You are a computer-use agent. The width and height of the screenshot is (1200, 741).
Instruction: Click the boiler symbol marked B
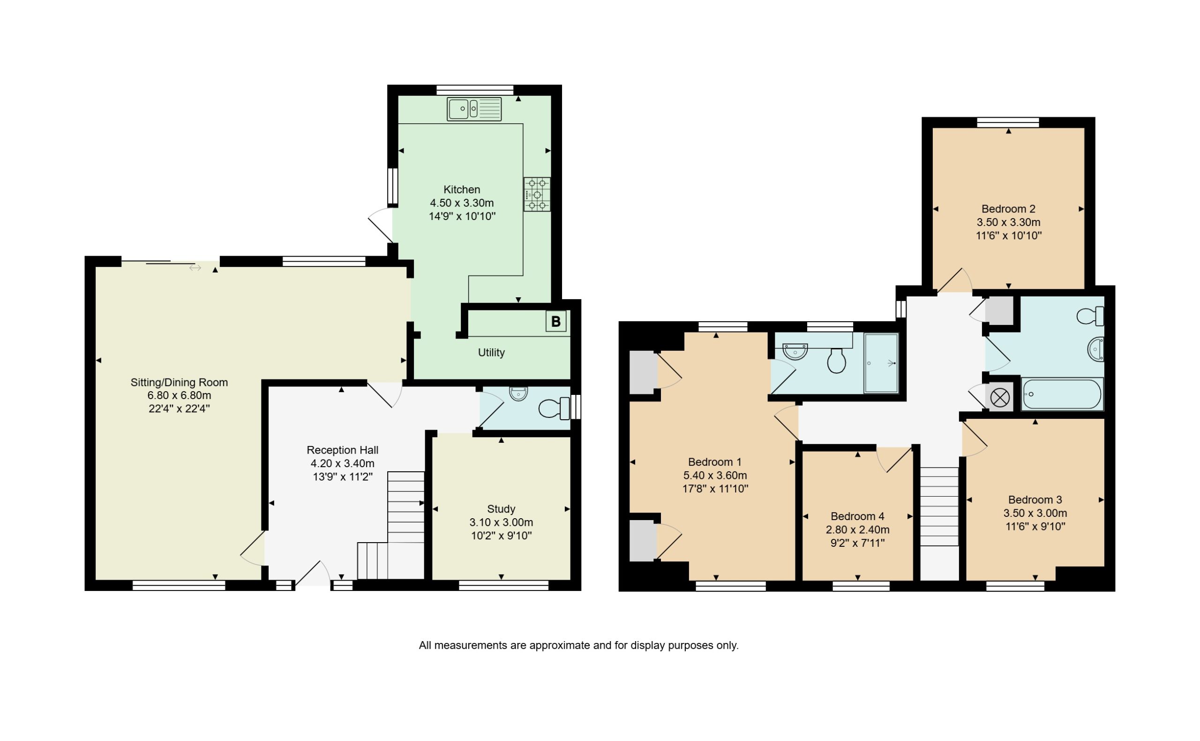click(x=555, y=322)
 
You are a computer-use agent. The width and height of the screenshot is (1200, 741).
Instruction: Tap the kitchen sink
click(x=473, y=109)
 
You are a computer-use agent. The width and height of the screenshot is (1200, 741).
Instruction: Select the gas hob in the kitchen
click(x=536, y=195)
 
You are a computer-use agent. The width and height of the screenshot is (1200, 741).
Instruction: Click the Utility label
click(x=491, y=352)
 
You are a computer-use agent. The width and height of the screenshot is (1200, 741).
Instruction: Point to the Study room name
click(x=501, y=509)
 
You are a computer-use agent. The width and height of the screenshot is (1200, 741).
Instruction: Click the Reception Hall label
click(x=342, y=450)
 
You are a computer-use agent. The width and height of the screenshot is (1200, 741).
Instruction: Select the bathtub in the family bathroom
click(x=1061, y=394)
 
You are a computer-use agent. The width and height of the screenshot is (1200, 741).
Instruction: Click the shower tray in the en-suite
click(x=881, y=363)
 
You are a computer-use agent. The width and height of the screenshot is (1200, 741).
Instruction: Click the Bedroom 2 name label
click(x=1008, y=209)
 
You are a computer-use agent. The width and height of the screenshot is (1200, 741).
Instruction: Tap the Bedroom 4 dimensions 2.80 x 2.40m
click(x=857, y=530)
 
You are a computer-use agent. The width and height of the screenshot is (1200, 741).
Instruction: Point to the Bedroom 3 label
click(x=1035, y=500)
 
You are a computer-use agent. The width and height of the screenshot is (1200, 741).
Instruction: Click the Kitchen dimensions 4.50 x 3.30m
click(x=461, y=203)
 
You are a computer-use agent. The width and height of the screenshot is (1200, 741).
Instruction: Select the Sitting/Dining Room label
click(x=179, y=382)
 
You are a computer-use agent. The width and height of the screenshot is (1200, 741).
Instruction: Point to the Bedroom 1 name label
click(x=715, y=461)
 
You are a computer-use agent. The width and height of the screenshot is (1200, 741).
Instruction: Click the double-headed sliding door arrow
click(x=195, y=268)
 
